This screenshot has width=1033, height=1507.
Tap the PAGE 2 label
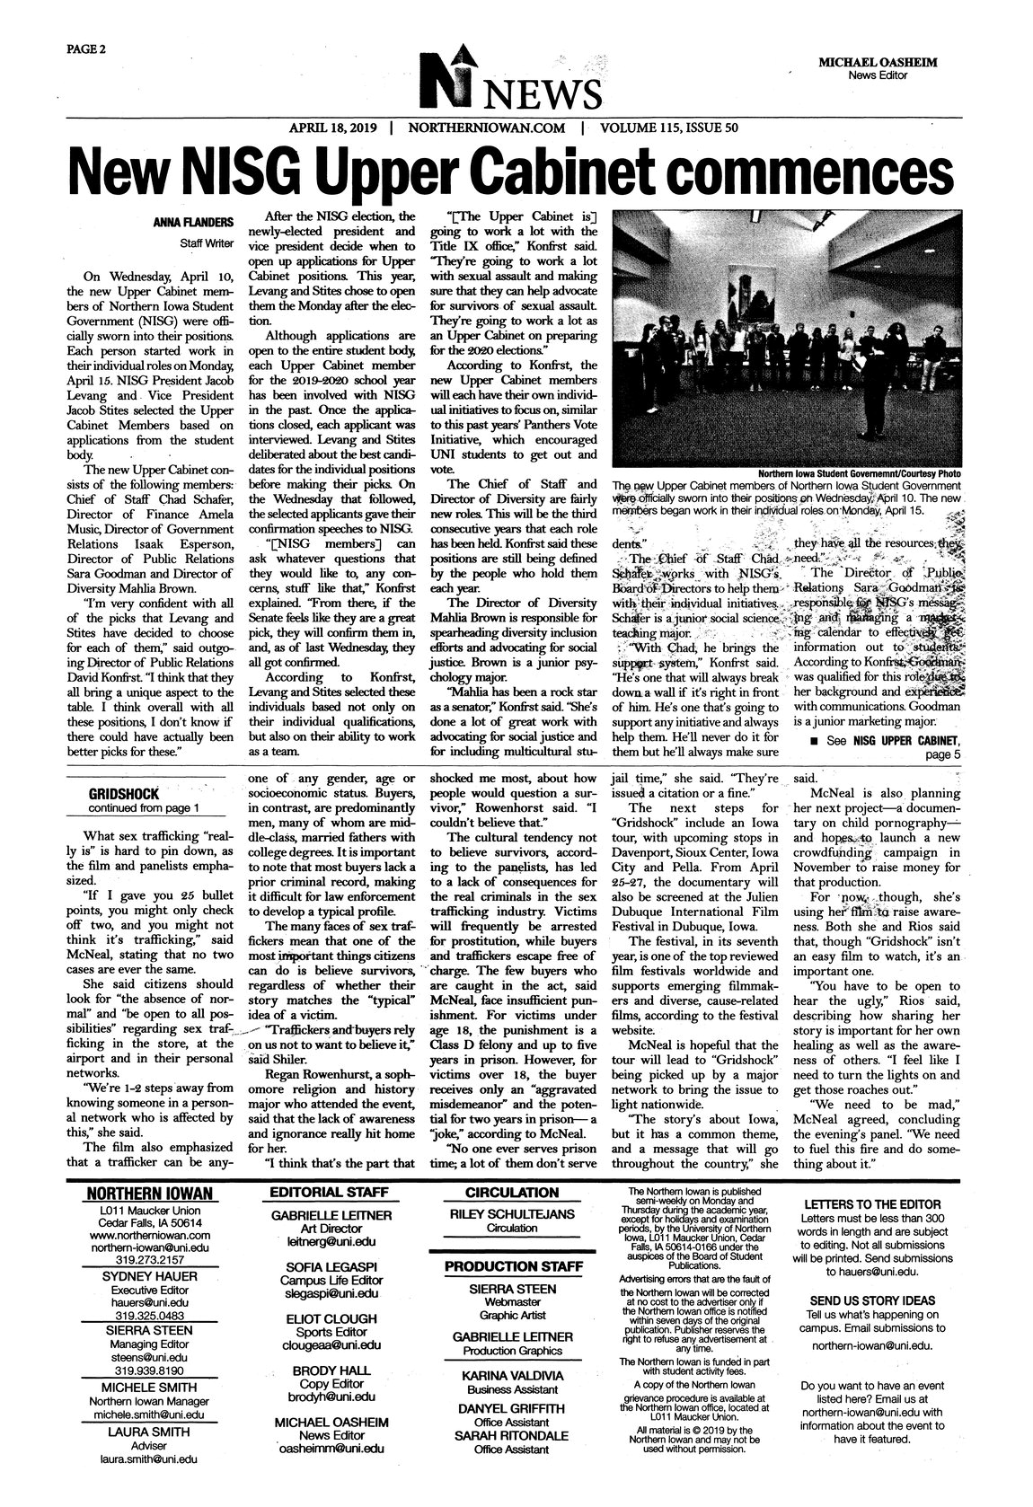point(85,48)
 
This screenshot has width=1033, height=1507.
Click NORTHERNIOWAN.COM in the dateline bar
point(487,128)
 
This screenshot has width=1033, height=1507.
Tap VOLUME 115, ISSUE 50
point(668,128)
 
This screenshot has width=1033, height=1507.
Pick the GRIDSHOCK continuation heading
point(122,794)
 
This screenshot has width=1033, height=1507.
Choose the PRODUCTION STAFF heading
point(511,1267)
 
